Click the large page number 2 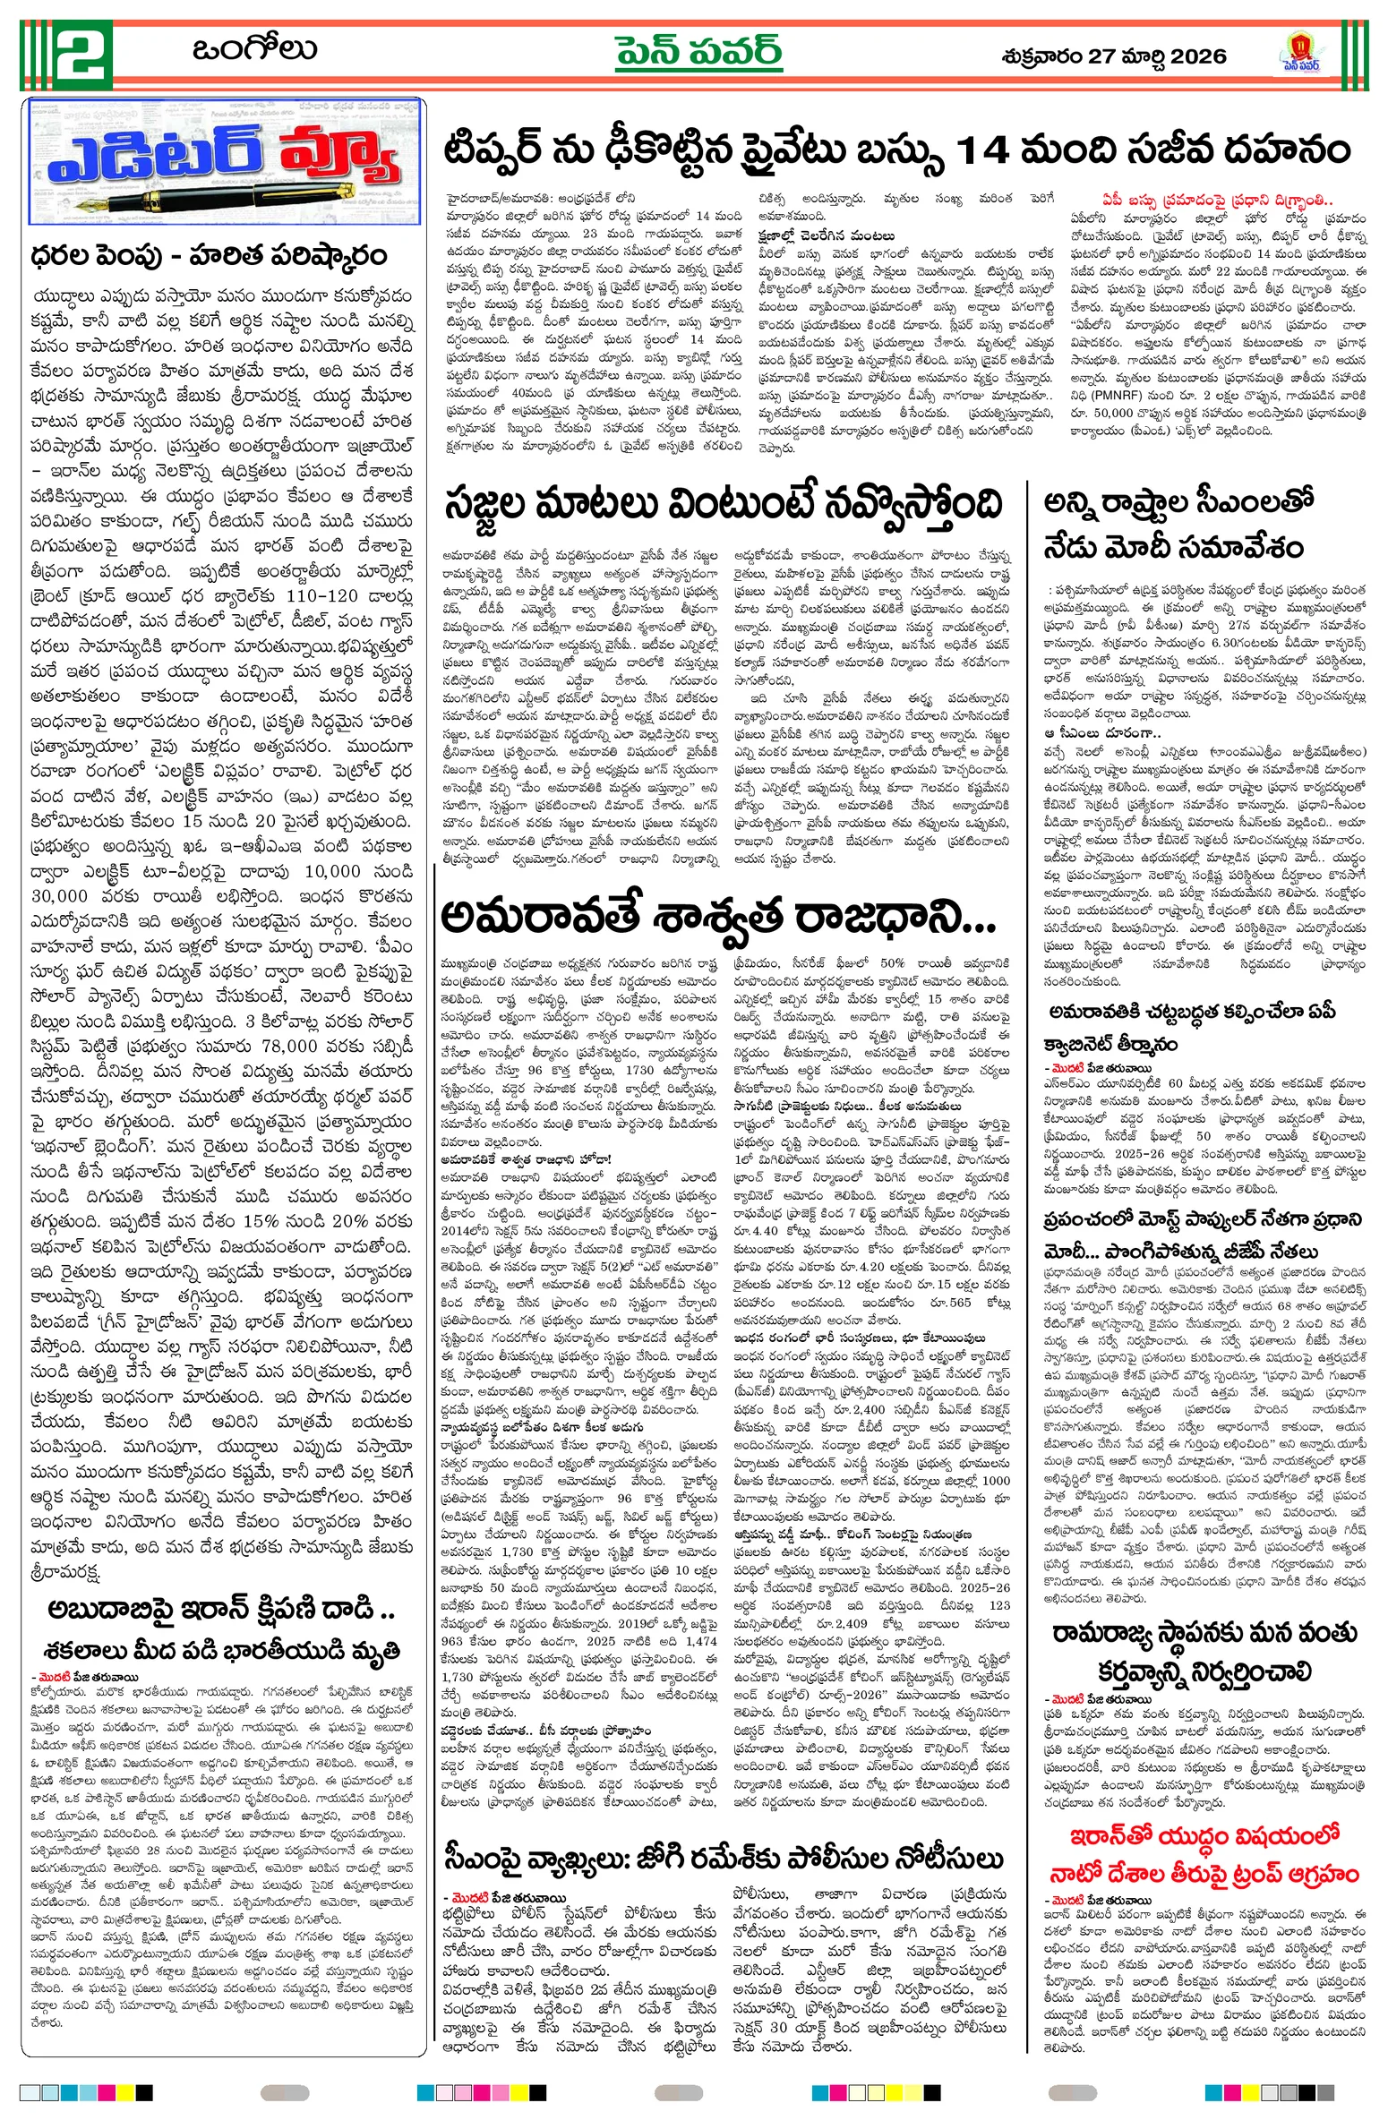82,55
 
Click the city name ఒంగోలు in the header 254,50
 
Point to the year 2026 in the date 1197,56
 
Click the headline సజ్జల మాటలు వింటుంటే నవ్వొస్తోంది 722,505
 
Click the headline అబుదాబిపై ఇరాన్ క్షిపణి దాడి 221,1610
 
